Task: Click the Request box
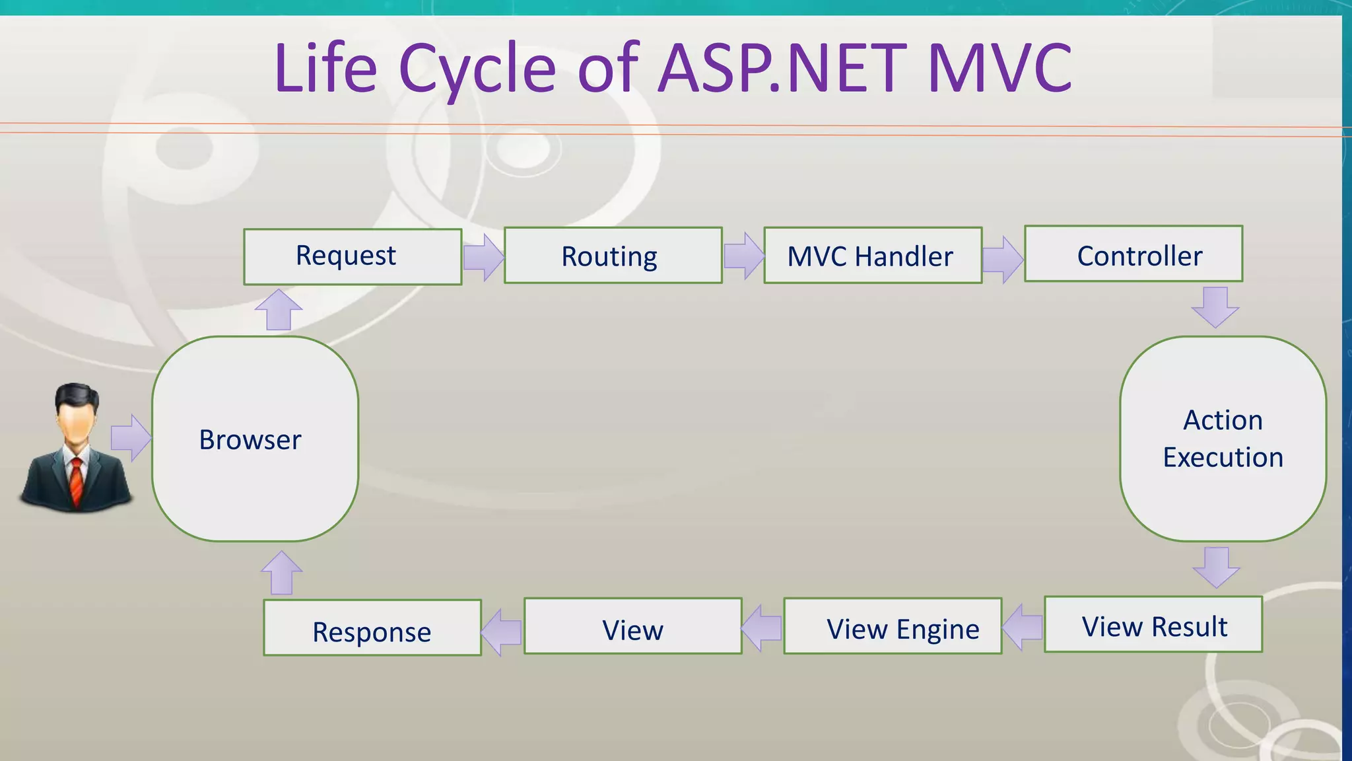(353, 257)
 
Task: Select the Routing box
(613, 256)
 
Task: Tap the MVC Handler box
(873, 256)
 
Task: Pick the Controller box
(1133, 254)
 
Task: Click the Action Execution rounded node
(1223, 439)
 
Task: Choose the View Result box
(1153, 625)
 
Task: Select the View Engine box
(893, 626)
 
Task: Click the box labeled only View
(632, 626)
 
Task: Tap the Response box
(372, 628)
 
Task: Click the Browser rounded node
(255, 439)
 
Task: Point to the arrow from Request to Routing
(483, 257)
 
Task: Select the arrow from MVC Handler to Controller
(1003, 259)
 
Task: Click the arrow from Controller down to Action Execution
(1215, 307)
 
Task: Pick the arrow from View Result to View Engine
(1023, 626)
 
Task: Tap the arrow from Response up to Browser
(282, 573)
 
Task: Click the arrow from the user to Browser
(131, 438)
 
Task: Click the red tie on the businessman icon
(77, 482)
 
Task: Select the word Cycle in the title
(477, 69)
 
